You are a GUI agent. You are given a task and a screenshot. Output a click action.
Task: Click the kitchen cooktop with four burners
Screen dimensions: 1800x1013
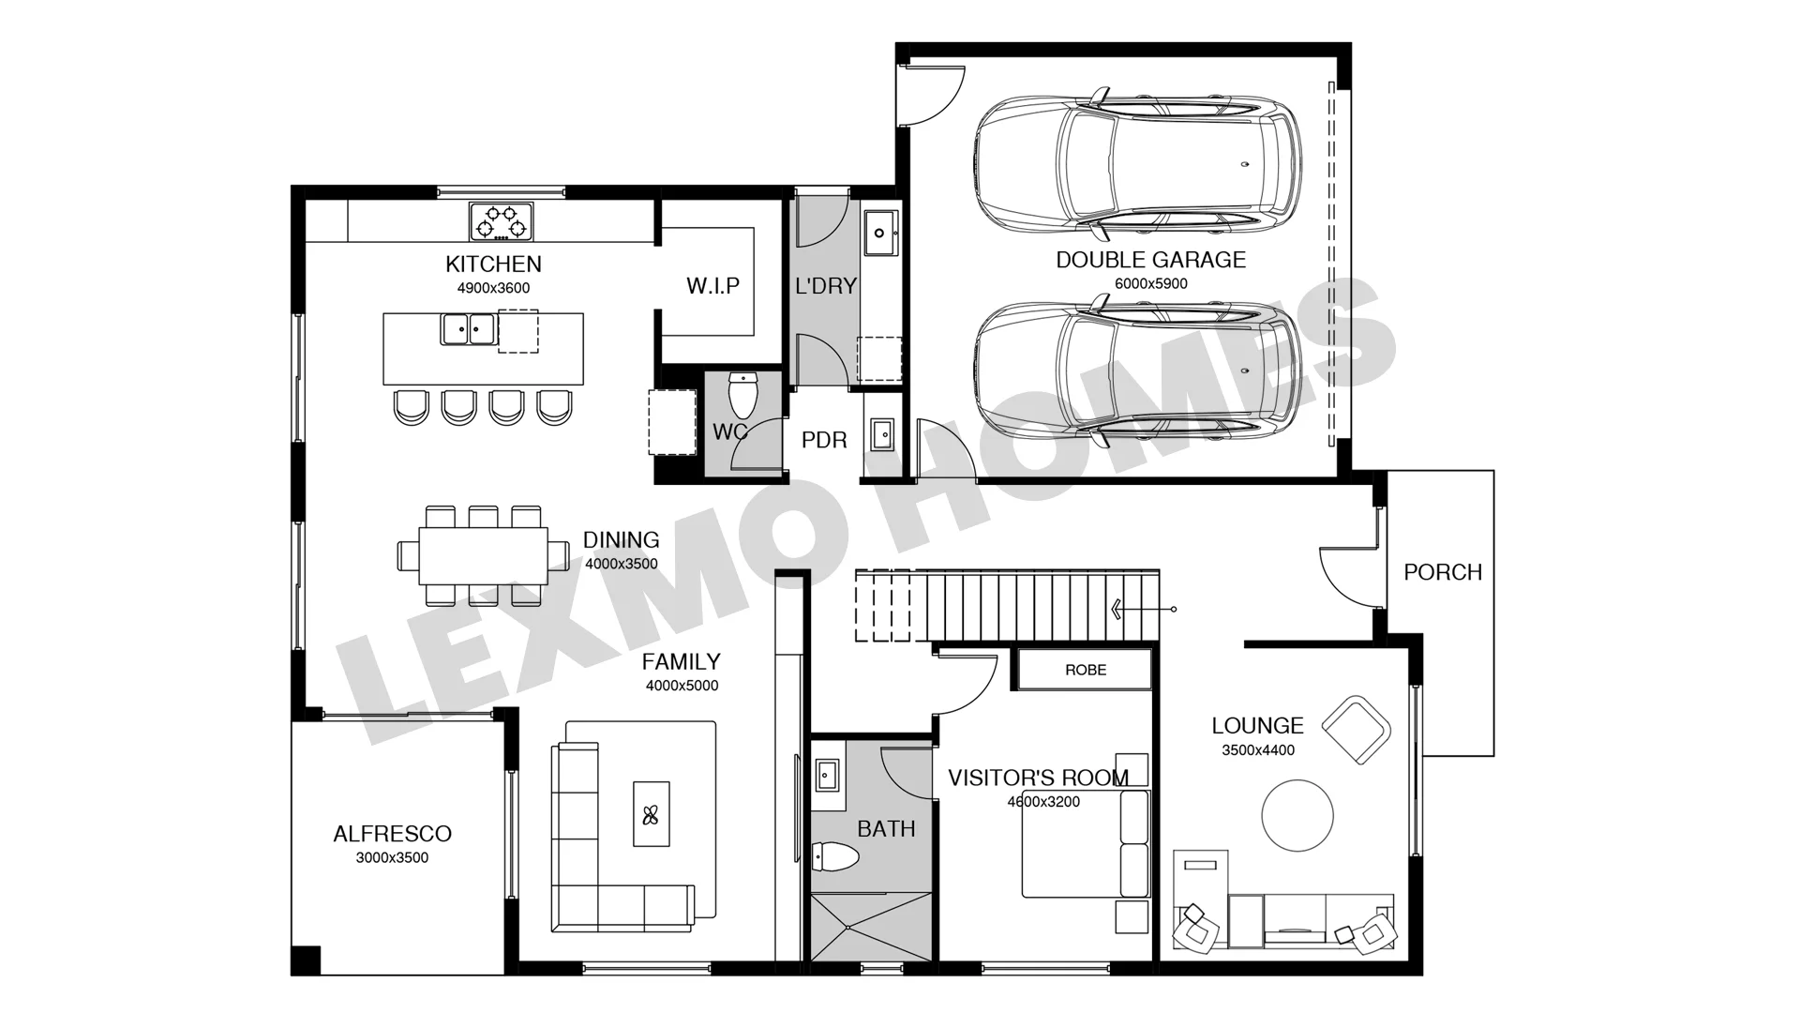click(501, 221)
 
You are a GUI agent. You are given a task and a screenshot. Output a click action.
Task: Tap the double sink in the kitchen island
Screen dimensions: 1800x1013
click(469, 329)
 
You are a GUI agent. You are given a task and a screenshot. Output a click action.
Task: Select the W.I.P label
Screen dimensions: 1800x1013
click(712, 285)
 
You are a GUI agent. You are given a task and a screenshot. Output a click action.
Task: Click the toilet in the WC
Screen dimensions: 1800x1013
click(742, 395)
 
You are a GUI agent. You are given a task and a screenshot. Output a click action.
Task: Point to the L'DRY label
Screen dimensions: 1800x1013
click(826, 286)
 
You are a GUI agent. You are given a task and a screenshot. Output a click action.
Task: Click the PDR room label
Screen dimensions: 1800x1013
click(824, 440)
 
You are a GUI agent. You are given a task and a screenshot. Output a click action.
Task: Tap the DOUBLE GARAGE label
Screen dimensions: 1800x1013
click(1151, 260)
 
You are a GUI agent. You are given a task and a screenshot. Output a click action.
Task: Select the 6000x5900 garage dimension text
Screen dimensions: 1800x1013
click(1151, 283)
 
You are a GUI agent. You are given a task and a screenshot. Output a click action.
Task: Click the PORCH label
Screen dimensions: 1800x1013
click(1443, 572)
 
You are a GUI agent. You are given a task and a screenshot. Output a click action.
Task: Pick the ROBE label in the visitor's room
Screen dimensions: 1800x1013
click(1086, 670)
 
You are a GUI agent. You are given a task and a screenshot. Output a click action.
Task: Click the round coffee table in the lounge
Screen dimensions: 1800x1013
click(1297, 816)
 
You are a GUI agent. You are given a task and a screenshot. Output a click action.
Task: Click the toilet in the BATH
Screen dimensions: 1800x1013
click(835, 856)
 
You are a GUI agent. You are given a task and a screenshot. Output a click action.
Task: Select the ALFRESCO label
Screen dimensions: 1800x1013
click(393, 834)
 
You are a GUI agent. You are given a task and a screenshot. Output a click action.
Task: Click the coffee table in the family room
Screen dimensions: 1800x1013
click(652, 814)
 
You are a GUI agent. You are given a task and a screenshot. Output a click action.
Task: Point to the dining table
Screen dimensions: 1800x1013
click(483, 555)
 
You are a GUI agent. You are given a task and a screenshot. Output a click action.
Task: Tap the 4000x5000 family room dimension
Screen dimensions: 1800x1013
click(682, 686)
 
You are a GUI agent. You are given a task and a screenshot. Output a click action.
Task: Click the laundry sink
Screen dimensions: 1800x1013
click(880, 233)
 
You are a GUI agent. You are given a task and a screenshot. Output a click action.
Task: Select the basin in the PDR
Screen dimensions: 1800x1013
click(882, 434)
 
